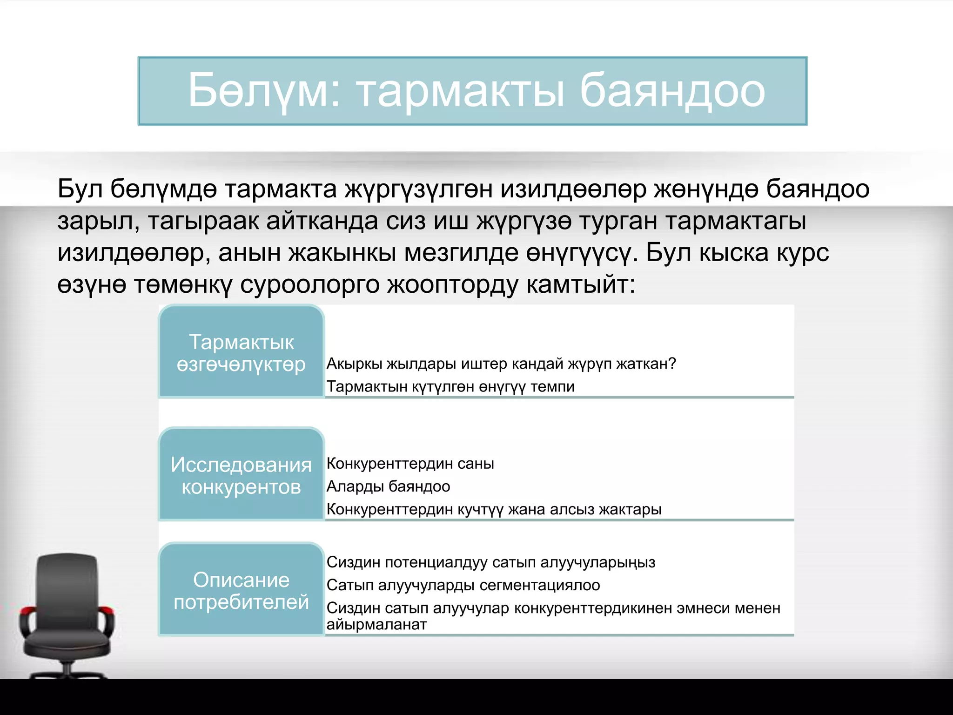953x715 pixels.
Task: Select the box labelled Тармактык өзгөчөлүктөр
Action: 241,352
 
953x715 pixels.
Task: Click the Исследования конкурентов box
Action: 241,475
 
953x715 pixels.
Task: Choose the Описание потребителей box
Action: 241,590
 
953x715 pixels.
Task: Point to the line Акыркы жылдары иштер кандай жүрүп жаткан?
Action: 501,364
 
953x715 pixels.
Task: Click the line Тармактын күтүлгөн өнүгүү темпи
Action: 450,386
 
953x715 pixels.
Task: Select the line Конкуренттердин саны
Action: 410,464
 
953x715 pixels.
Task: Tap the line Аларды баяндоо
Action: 388,486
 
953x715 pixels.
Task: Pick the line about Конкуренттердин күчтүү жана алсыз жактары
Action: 494,509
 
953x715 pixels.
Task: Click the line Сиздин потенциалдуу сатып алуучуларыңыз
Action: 490,562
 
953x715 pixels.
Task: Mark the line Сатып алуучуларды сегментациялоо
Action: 463,585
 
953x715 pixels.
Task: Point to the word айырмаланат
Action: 376,625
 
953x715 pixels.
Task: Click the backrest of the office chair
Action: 67,582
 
